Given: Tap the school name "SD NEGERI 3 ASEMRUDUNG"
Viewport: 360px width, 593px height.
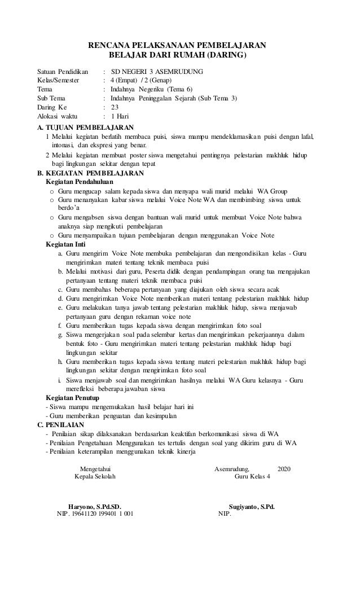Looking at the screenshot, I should click(x=157, y=72).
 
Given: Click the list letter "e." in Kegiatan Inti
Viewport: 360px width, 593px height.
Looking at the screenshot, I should click(x=60, y=308).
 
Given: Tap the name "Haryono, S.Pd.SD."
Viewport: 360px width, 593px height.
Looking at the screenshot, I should click(x=94, y=506).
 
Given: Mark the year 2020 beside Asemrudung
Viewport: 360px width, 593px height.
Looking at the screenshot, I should click(x=286, y=468).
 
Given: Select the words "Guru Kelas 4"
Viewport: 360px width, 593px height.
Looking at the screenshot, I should click(x=252, y=477).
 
